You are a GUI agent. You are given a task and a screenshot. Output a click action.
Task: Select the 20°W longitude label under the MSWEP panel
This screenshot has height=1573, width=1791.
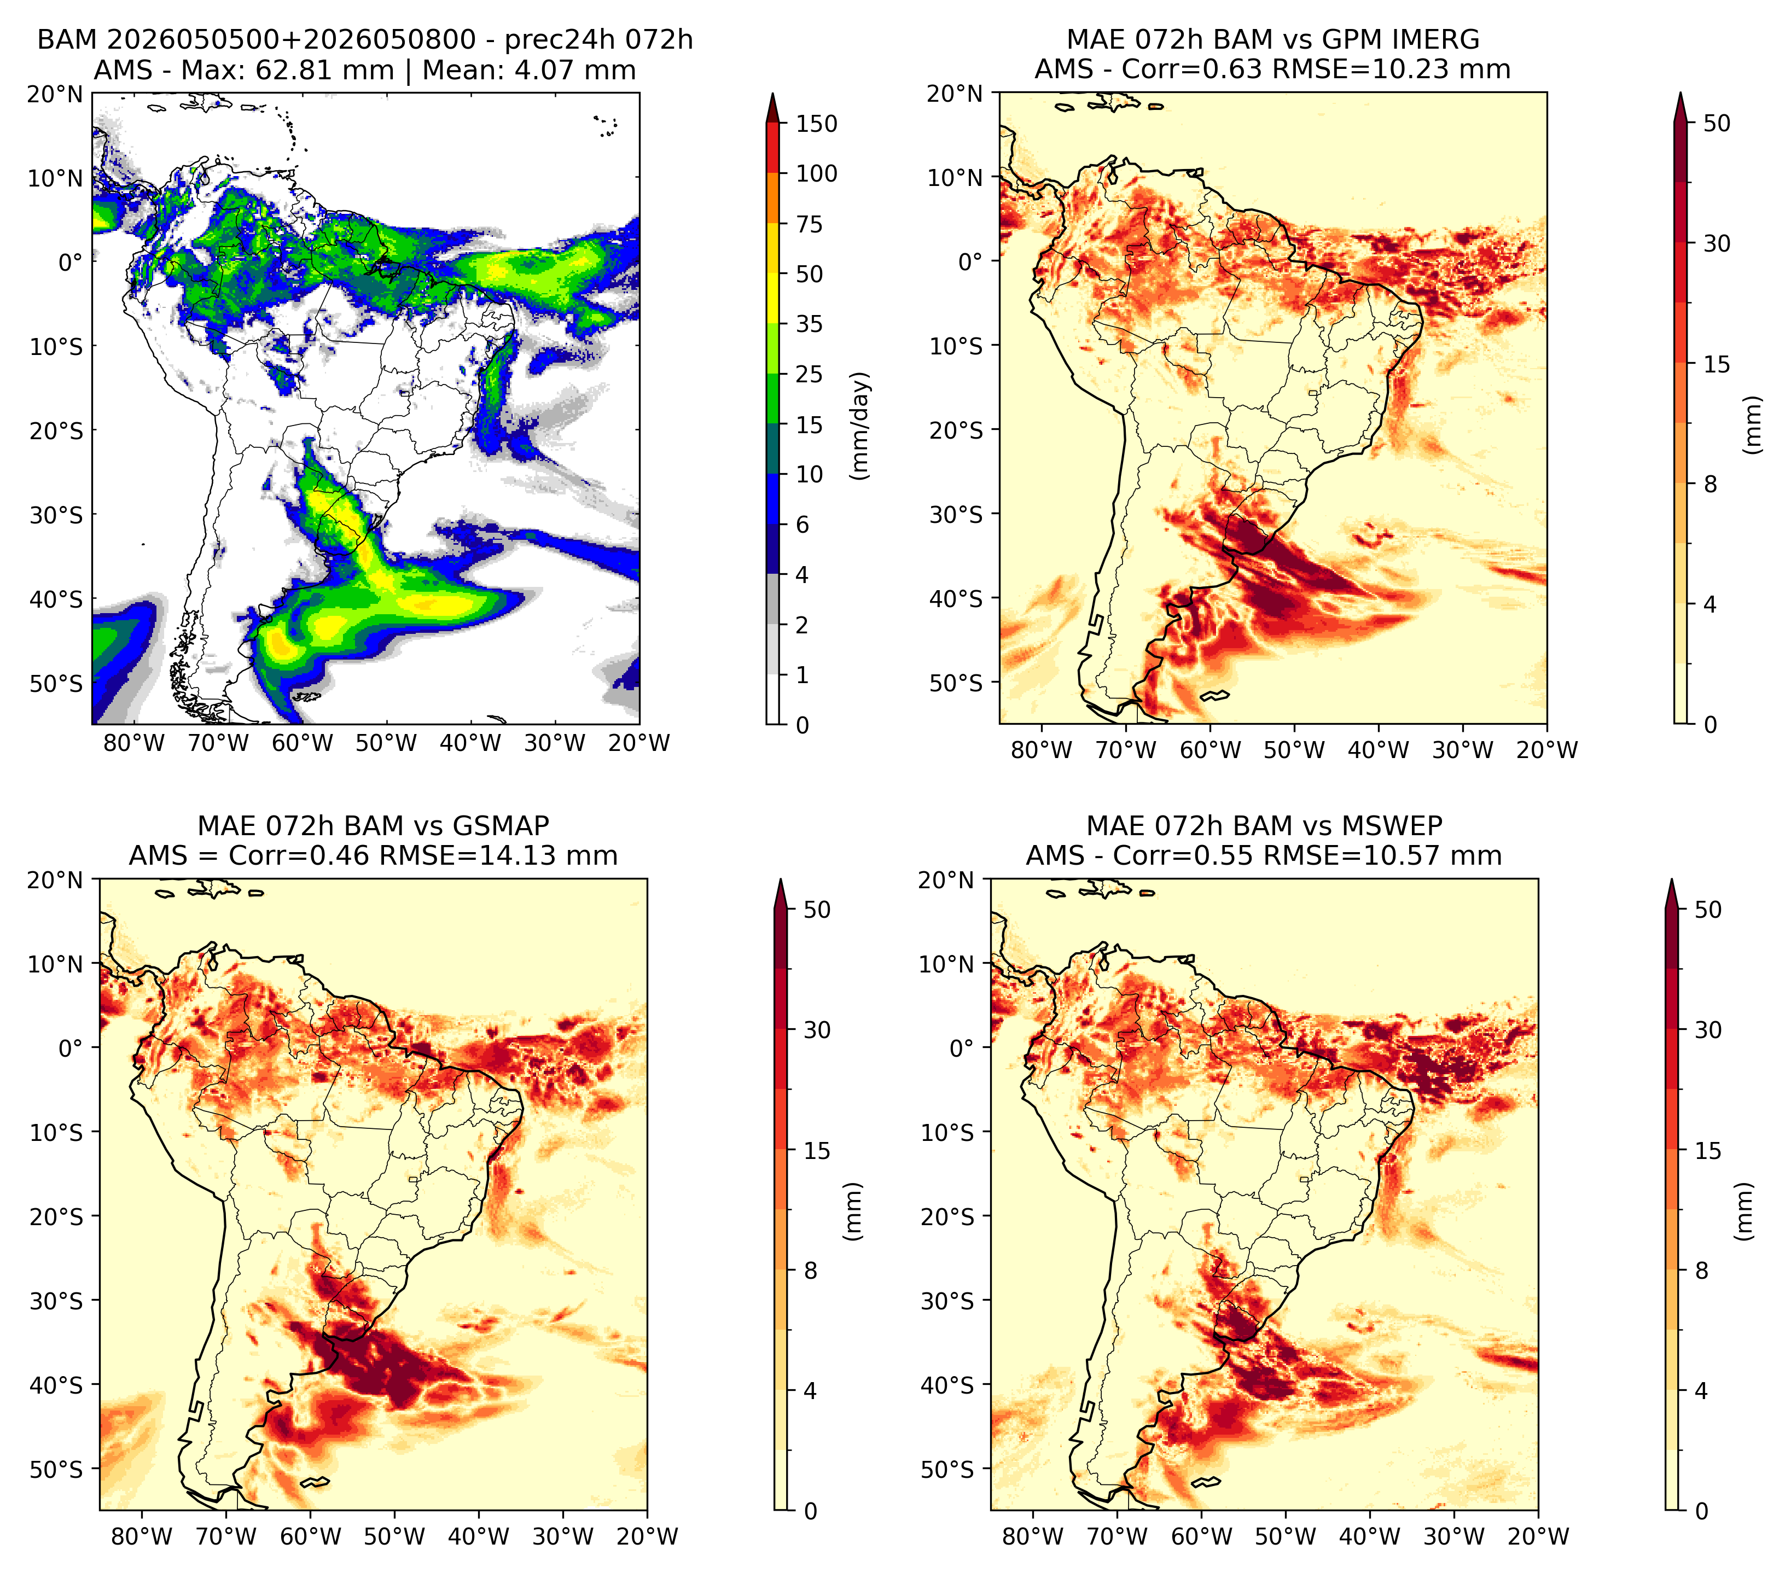pos(1539,1537)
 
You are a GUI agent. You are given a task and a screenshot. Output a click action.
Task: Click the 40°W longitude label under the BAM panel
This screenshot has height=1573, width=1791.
pos(470,744)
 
